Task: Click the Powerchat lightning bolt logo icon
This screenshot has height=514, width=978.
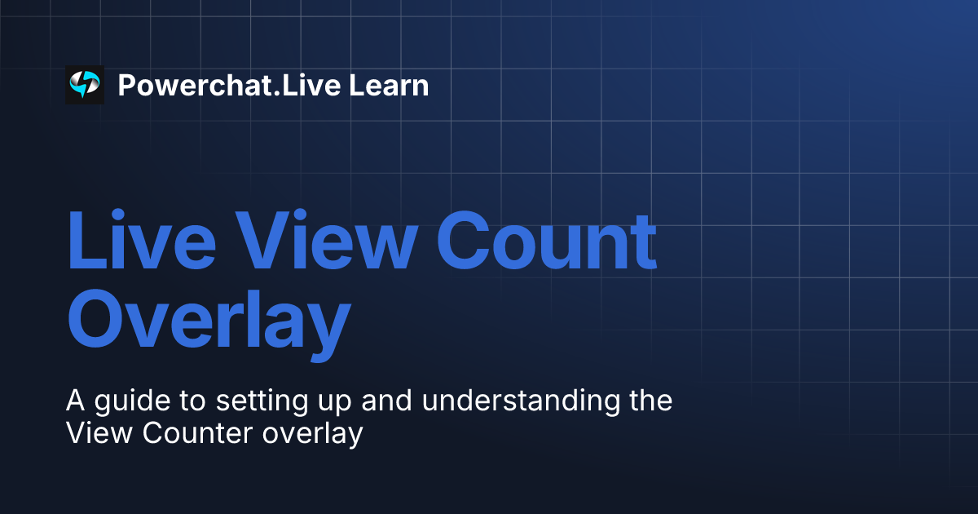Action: [85, 85]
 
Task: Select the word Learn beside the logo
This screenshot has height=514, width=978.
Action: [390, 85]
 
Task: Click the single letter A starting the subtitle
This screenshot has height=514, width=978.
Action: [75, 401]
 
